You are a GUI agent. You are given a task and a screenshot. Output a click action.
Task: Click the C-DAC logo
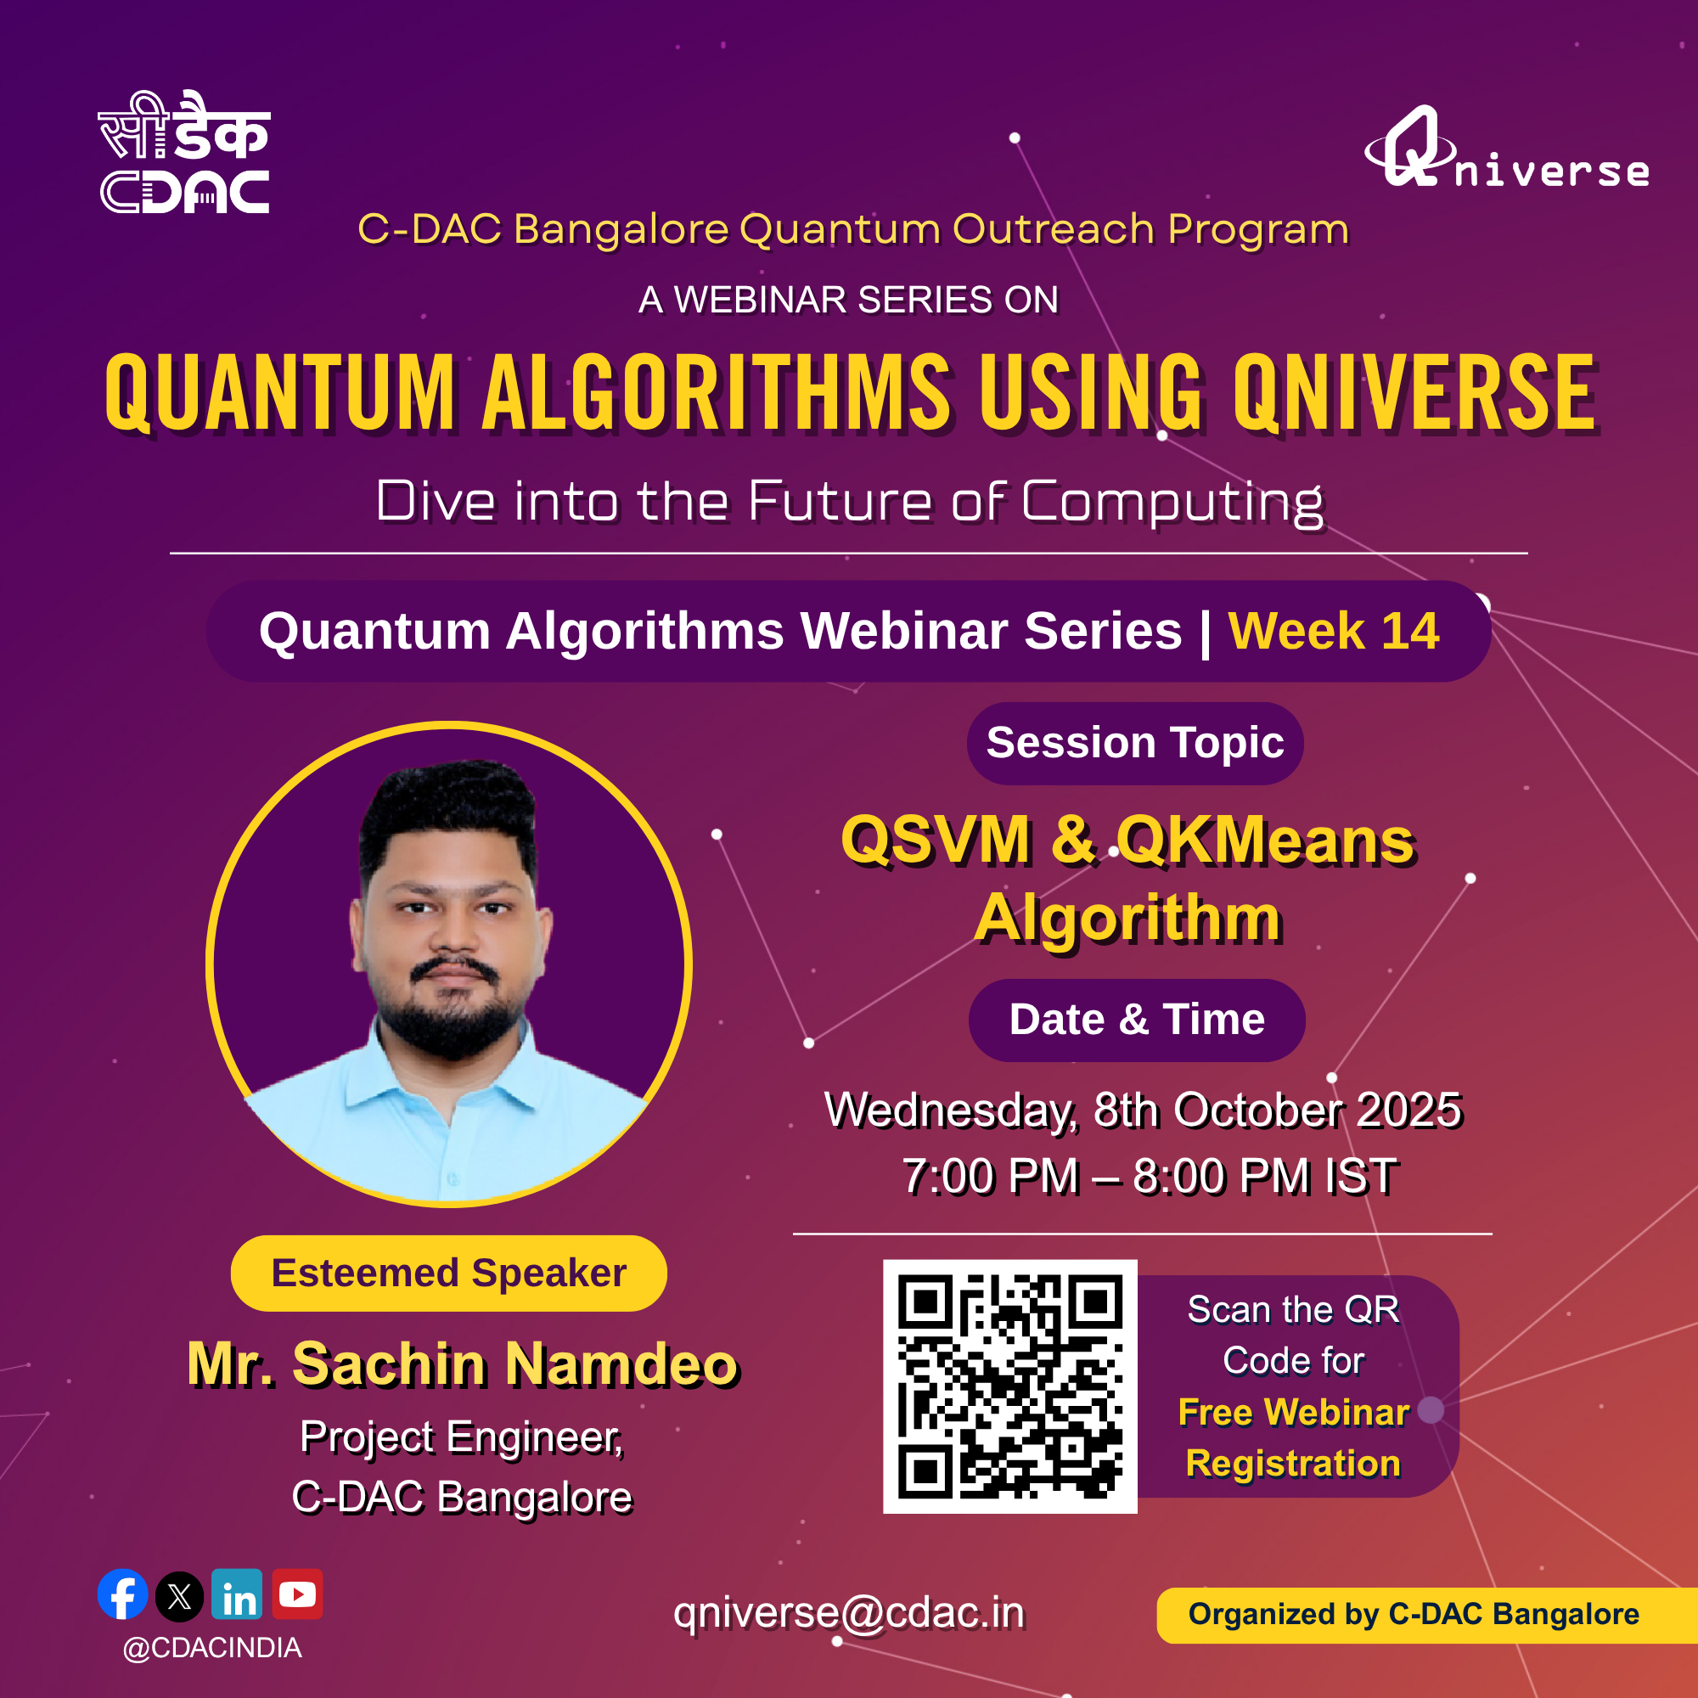click(x=183, y=152)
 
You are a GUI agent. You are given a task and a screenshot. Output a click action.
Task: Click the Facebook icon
click(x=123, y=1594)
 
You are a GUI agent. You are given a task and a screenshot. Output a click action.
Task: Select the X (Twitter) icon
click(x=179, y=1596)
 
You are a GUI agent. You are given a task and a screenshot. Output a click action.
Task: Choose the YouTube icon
click(x=297, y=1594)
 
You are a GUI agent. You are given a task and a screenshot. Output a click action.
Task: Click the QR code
click(x=1009, y=1386)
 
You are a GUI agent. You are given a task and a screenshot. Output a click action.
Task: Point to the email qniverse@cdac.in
click(x=849, y=1613)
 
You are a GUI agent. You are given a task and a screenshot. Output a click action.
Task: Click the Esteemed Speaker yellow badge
click(x=448, y=1273)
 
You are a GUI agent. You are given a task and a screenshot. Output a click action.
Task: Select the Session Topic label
click(x=1135, y=743)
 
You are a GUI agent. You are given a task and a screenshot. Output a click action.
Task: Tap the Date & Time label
click(x=1138, y=1020)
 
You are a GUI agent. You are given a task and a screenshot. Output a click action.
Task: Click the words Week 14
click(x=1334, y=631)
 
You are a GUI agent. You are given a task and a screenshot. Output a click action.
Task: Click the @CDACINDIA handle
click(x=213, y=1649)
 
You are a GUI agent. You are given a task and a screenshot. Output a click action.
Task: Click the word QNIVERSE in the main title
click(x=1415, y=392)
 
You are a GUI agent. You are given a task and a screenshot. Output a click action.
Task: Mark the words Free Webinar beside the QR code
click(x=1294, y=1413)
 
